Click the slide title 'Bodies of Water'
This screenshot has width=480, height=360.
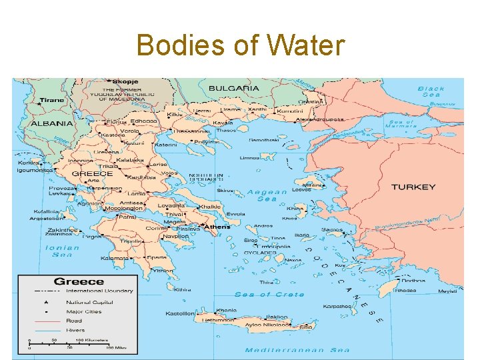[x=240, y=46]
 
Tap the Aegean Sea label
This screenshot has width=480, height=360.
[x=267, y=195]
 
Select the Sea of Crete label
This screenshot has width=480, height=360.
[x=269, y=294]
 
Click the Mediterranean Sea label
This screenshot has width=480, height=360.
[x=297, y=349]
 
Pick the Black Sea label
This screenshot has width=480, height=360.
[x=431, y=91]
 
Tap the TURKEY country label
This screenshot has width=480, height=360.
[x=413, y=187]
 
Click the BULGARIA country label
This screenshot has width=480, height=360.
[x=233, y=88]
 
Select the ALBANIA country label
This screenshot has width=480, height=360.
[x=51, y=123]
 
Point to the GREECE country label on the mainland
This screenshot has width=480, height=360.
[x=92, y=173]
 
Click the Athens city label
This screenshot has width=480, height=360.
[x=217, y=227]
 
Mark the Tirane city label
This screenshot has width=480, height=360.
[x=52, y=100]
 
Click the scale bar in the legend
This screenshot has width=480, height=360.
[x=70, y=344]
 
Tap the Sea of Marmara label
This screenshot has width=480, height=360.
[x=402, y=123]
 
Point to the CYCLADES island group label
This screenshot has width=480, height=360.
[x=260, y=253]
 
